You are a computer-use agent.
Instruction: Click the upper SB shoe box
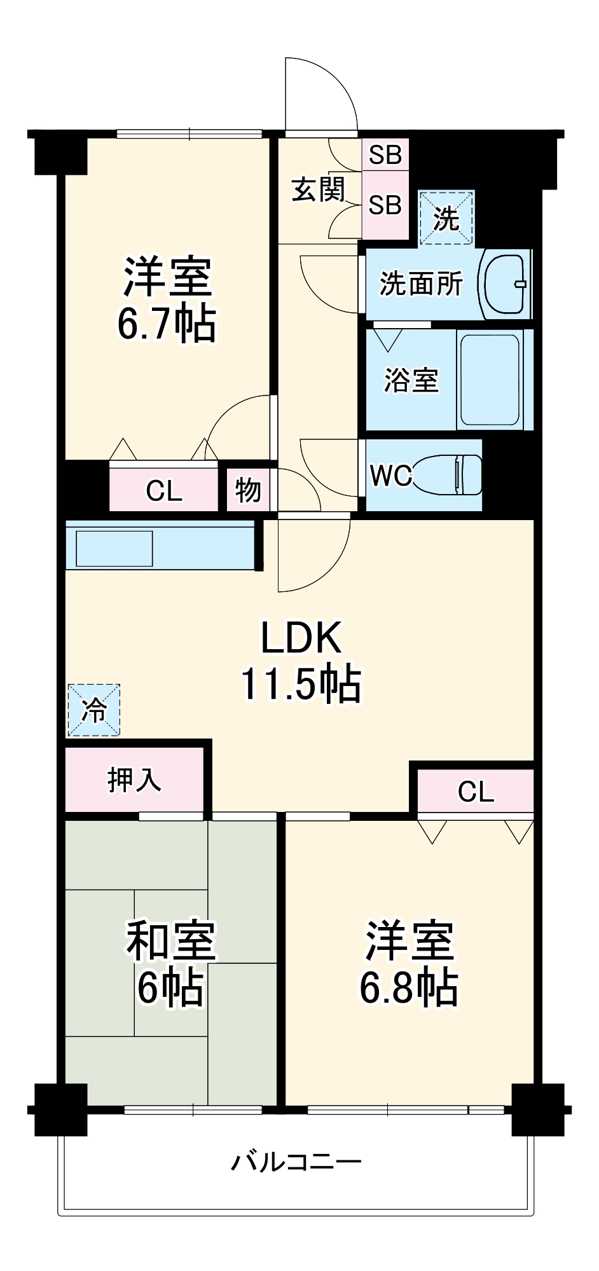click(385, 155)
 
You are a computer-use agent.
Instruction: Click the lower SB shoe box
click(385, 205)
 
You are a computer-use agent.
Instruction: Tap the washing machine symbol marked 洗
click(446, 218)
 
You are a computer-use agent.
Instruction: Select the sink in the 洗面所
click(506, 284)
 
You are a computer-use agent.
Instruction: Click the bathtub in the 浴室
click(491, 380)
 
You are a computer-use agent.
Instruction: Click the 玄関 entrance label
click(318, 189)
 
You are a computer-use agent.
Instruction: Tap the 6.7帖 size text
click(166, 325)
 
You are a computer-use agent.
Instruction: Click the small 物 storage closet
click(248, 490)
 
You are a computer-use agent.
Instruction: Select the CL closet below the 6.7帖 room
click(164, 490)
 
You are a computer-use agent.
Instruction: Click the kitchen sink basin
click(114, 548)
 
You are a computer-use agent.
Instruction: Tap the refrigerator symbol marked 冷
click(94, 710)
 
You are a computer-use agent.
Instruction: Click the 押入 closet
click(134, 780)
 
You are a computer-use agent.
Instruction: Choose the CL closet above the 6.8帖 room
click(476, 792)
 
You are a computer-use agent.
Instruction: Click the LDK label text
click(301, 638)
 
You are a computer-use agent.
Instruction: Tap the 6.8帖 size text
click(409, 987)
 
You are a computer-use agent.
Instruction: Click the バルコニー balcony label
click(296, 1162)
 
